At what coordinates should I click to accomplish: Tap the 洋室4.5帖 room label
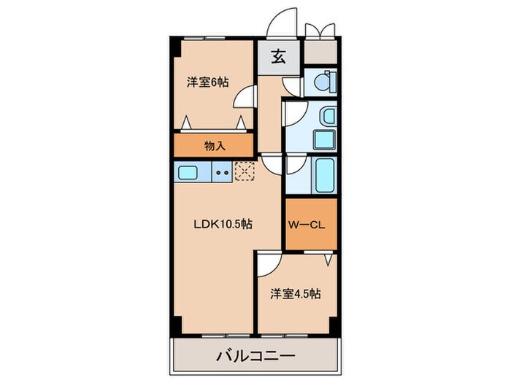point(295,295)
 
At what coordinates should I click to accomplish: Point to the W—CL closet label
point(309,225)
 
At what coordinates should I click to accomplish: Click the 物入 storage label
point(214,145)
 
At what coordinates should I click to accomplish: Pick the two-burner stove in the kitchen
point(223,173)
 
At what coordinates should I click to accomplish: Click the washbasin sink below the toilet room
point(327,117)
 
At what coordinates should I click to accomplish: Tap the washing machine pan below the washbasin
point(322,139)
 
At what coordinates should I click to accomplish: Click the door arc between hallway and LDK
point(272,164)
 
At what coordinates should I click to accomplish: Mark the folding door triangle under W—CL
point(330,259)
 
